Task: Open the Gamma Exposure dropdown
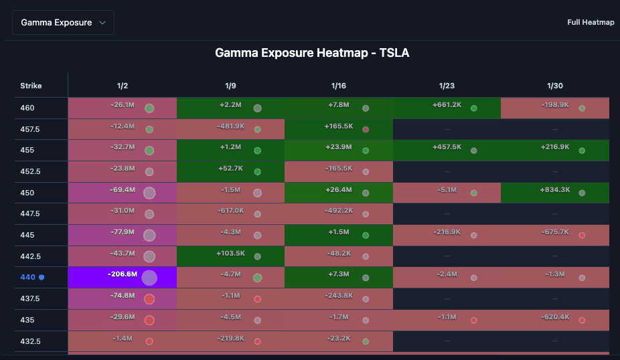pos(63,22)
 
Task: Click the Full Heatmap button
pos(590,22)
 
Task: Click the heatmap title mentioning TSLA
pos(311,52)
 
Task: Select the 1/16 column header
pos(339,86)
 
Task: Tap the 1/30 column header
pos(555,86)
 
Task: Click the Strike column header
pos(31,86)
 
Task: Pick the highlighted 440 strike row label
pos(27,277)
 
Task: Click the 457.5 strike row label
pos(30,128)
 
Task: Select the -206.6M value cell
pos(123,274)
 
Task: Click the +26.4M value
pos(339,189)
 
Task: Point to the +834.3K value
pos(554,189)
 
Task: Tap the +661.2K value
pos(447,104)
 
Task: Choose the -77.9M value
pos(123,232)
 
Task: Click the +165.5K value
pos(339,126)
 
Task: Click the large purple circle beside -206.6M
pos(149,278)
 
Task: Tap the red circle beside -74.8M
pos(149,298)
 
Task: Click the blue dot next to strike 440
pos(42,277)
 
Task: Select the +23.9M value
pos(339,147)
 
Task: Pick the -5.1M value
pos(447,189)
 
